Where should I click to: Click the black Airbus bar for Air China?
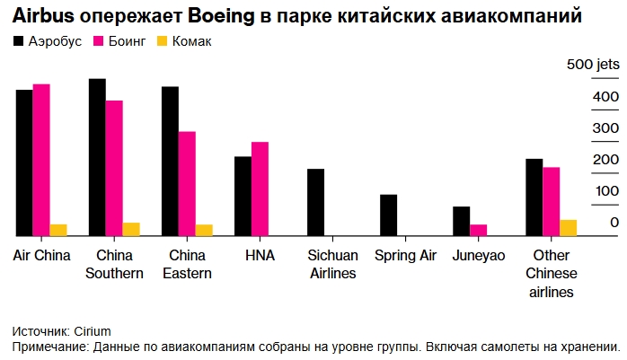tap(24, 162)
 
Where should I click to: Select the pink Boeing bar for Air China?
tap(41, 160)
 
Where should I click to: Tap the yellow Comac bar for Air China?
tap(58, 230)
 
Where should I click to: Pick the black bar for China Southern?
tap(97, 157)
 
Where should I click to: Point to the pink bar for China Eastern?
tap(187, 183)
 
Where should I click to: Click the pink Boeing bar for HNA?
tap(260, 189)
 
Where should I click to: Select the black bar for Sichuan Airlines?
tap(315, 202)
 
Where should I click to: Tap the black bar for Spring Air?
tap(388, 215)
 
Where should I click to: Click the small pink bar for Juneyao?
tap(478, 230)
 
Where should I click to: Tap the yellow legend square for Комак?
tap(162, 41)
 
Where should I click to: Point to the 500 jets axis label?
tap(593, 65)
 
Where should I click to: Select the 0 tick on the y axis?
tap(614, 223)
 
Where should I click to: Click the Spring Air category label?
tap(405, 256)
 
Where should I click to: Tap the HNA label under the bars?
tap(260, 256)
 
